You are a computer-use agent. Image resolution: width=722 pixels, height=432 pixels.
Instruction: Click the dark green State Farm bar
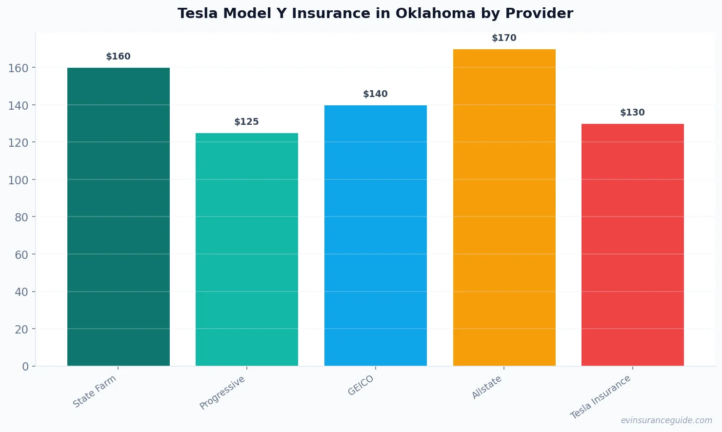[119, 217]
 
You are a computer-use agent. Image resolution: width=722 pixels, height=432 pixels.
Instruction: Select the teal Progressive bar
[247, 250]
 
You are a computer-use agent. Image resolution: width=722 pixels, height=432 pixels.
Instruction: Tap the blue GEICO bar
[376, 236]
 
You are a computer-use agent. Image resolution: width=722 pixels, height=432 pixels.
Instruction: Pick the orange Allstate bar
[504, 207]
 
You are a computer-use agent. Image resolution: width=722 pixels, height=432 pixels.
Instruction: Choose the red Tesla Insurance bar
[633, 245]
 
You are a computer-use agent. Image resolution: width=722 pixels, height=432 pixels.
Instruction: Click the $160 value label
[119, 57]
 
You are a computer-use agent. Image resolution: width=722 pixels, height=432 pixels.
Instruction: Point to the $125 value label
[247, 122]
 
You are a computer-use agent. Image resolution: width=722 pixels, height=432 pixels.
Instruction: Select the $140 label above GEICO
[376, 94]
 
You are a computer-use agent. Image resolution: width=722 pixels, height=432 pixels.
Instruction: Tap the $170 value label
[504, 38]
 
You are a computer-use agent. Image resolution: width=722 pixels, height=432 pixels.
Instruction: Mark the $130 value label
[633, 113]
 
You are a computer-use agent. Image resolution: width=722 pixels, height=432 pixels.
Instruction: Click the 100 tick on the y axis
[19, 180]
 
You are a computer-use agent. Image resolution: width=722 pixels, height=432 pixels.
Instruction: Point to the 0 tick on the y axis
[25, 367]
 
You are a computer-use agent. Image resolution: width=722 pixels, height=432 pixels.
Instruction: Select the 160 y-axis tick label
[19, 68]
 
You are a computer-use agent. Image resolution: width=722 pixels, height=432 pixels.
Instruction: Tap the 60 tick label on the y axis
[21, 255]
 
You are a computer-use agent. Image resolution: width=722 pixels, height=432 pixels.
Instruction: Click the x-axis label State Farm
[95, 391]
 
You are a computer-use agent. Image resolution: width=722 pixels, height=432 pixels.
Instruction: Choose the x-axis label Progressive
[223, 393]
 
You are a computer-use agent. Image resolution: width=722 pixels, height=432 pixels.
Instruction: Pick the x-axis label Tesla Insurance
[601, 397]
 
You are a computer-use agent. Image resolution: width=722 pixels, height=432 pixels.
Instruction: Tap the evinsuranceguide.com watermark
[666, 420]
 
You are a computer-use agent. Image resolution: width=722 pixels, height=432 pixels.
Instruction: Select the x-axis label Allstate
[487, 388]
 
